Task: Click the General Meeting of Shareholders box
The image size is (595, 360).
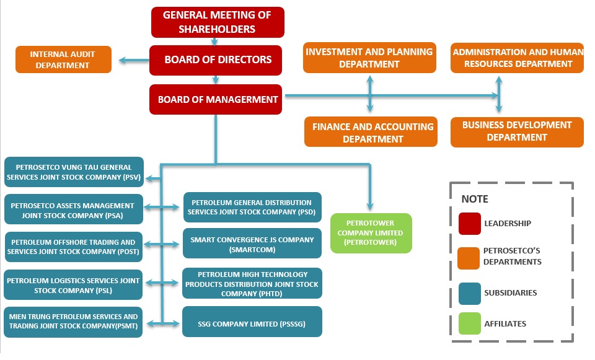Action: point(218,22)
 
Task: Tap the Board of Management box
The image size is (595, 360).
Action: point(216,99)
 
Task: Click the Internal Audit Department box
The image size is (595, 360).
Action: point(64,59)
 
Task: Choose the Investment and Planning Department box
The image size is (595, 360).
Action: point(369,58)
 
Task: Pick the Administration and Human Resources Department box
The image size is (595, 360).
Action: point(517,58)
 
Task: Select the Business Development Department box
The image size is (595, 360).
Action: point(517,131)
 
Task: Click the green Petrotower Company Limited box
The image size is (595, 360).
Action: point(370,233)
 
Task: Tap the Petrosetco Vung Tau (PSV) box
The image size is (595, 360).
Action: point(73,172)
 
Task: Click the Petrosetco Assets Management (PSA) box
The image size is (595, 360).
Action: point(73,210)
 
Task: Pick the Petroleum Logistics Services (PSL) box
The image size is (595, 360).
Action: point(73,285)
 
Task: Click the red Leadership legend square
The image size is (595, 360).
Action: point(470,224)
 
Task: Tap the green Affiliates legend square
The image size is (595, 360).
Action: point(470,323)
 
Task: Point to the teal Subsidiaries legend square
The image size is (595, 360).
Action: point(470,292)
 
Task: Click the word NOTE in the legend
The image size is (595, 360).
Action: point(475,200)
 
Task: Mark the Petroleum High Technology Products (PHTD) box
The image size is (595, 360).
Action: point(252,284)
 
